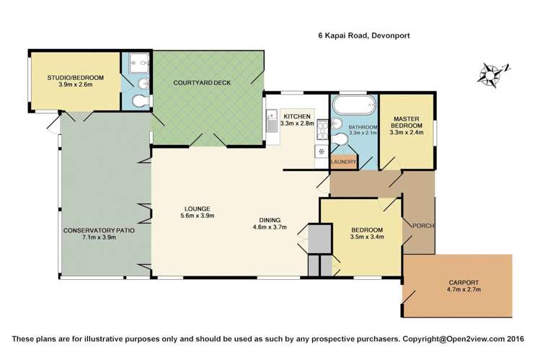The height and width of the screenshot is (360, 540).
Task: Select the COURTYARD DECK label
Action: tap(202, 82)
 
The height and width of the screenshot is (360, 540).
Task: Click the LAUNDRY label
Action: tap(343, 162)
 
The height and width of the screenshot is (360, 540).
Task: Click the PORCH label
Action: tap(421, 226)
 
